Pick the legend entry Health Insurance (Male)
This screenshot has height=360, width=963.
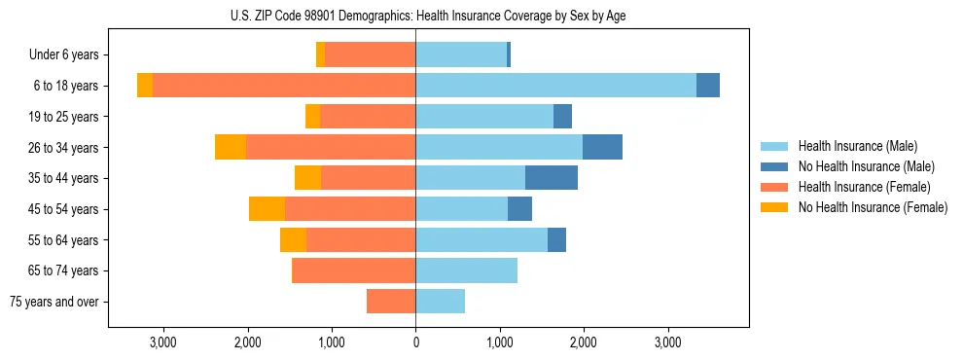tap(857, 146)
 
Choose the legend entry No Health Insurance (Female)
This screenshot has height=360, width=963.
tap(873, 207)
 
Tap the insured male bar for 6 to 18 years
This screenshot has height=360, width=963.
tap(555, 86)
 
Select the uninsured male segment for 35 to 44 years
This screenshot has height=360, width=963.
tap(552, 178)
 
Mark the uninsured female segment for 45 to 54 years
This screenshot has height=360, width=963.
tap(267, 209)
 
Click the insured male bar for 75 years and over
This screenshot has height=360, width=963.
tap(440, 302)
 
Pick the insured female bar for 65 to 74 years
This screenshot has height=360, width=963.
tap(353, 270)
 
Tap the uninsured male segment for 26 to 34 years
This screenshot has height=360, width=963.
tap(602, 147)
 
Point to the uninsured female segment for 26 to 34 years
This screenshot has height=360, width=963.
tap(231, 147)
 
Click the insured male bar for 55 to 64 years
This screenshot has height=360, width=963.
tap(481, 239)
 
